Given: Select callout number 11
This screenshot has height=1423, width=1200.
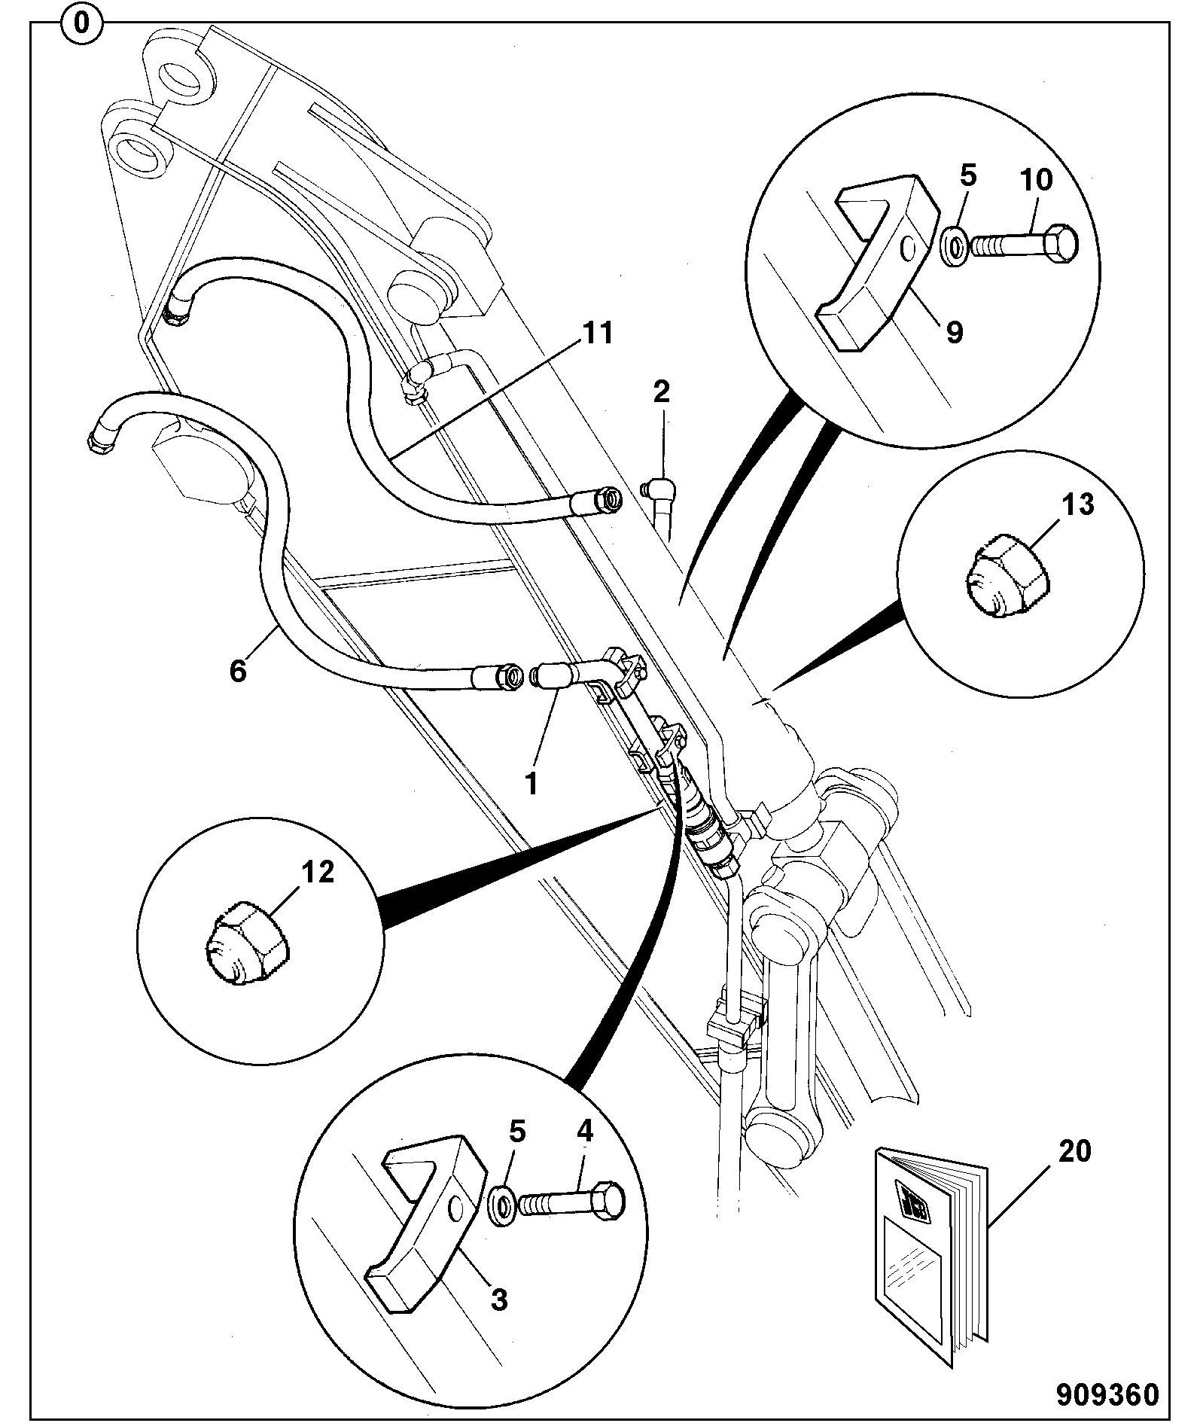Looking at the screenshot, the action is point(598,333).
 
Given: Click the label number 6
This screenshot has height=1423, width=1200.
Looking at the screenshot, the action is point(238,670).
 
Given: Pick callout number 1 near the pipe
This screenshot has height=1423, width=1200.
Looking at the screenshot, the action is point(531,785).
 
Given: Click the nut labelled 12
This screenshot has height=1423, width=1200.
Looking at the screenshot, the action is point(246,941).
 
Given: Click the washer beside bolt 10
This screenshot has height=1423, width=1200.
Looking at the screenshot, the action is point(955,245).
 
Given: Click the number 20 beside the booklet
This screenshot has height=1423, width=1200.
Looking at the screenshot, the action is point(1074,1151).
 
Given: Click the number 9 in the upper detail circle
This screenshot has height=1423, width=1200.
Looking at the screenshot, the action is point(954,331).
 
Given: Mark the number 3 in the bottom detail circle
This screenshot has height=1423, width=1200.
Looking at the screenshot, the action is point(499,1300).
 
